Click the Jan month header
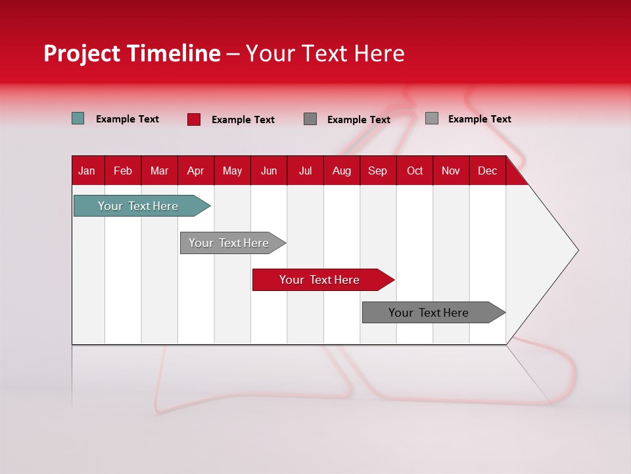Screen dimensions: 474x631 pyautogui.click(x=87, y=171)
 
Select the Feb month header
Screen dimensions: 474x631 pyautogui.click(x=123, y=171)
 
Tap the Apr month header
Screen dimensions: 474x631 pyautogui.click(x=195, y=171)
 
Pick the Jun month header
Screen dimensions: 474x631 pyautogui.click(x=269, y=171)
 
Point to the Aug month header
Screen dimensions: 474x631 pyautogui.click(x=341, y=171)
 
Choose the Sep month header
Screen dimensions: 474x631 pyautogui.click(x=377, y=171)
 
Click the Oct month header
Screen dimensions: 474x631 pyautogui.click(x=415, y=171)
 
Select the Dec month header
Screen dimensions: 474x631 pyautogui.click(x=487, y=171)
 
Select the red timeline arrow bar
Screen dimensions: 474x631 pyautogui.click(x=320, y=280)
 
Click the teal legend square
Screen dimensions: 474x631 pyautogui.click(x=78, y=118)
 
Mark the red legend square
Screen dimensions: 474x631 pyautogui.click(x=194, y=119)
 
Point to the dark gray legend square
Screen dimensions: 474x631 pyautogui.click(x=310, y=119)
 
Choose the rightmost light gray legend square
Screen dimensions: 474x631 pyautogui.click(x=432, y=118)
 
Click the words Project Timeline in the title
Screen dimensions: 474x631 pyautogui.click(x=132, y=53)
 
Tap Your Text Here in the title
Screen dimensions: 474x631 pyautogui.click(x=325, y=53)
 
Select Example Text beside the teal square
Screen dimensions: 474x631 pyautogui.click(x=128, y=119)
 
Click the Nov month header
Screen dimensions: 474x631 pyautogui.click(x=451, y=171)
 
